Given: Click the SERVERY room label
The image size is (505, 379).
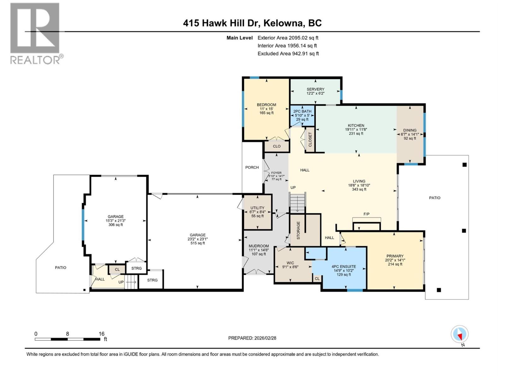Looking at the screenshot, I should (315, 89).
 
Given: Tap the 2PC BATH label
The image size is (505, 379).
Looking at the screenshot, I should (302, 111).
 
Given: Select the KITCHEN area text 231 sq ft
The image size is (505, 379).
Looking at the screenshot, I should (356, 134).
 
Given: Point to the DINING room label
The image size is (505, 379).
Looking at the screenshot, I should (410, 130).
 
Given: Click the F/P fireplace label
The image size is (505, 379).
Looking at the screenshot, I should (366, 214).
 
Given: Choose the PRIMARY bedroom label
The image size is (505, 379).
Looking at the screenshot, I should (395, 256).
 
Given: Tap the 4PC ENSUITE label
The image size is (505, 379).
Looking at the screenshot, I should (344, 267).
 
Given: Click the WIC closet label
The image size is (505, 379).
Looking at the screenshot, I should (290, 263).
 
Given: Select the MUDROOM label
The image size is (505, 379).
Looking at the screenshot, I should (258, 246).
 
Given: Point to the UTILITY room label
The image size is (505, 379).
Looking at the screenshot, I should (257, 208).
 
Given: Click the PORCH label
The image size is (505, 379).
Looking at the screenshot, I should (252, 167).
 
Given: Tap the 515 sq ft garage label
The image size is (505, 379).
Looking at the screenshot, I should (198, 243).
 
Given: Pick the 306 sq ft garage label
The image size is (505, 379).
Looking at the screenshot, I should (116, 225).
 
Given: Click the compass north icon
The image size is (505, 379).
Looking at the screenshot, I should (460, 334).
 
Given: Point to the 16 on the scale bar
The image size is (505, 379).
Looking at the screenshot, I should (101, 334).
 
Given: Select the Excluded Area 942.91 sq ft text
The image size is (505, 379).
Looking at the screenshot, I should (288, 54).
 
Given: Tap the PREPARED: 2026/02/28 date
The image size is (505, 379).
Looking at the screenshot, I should (252, 338).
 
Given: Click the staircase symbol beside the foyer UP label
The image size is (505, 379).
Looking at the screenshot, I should (298, 203).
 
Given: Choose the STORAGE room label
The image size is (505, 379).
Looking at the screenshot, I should (298, 230).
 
